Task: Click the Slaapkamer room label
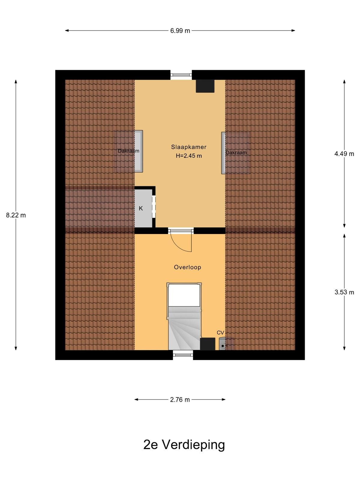(x=188, y=147)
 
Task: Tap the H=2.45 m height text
(x=189, y=156)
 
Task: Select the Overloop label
(x=187, y=267)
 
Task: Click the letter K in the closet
(x=141, y=208)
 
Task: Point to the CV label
(x=220, y=333)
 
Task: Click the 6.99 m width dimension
(x=180, y=31)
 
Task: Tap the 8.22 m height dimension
(x=16, y=215)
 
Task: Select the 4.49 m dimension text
(x=344, y=154)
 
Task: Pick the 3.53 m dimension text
(x=344, y=292)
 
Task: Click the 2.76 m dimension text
(x=180, y=400)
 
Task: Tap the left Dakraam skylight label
(x=128, y=151)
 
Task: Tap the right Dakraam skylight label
(x=236, y=153)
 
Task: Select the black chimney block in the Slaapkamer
(x=205, y=86)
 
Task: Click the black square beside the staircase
(x=208, y=344)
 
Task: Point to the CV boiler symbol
(x=226, y=344)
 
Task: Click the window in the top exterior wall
(x=181, y=75)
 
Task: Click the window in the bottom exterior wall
(x=183, y=355)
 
